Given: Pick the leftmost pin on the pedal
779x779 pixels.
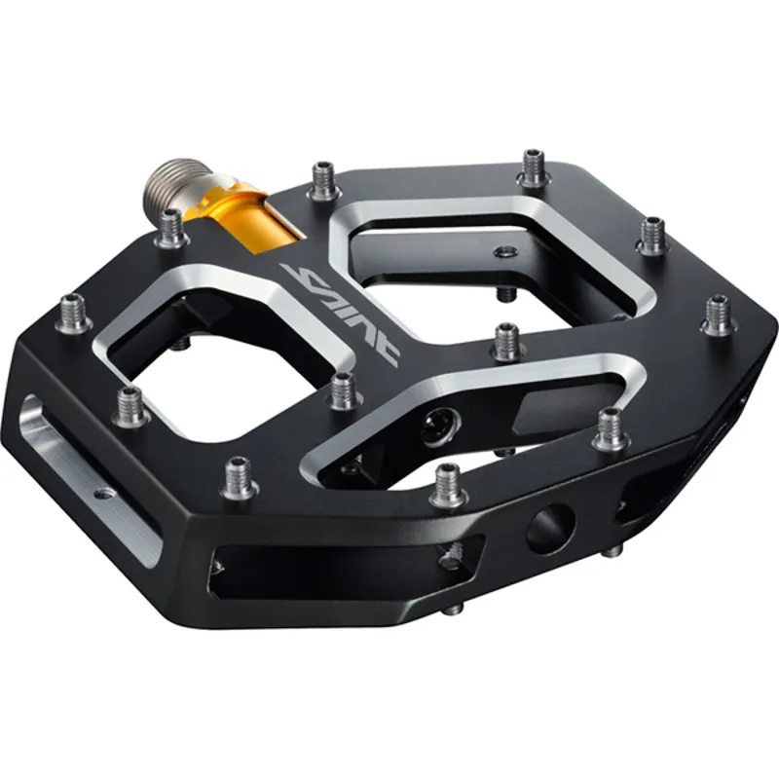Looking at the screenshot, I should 74,314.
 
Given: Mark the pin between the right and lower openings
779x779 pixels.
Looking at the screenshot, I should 507,343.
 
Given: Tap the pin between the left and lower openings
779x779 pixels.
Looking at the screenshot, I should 342,390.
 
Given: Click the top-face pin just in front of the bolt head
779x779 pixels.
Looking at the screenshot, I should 448,484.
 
